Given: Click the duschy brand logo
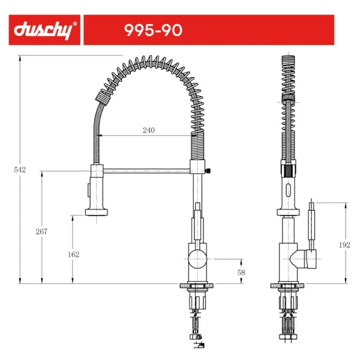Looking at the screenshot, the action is click(x=43, y=30).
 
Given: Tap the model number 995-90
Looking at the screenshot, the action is click(x=153, y=30).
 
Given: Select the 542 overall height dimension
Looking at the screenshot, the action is click(x=20, y=170).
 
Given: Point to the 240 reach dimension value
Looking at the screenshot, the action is click(x=149, y=130).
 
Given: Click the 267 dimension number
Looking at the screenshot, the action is click(x=41, y=232).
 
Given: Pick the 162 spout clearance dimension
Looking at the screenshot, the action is click(x=73, y=254).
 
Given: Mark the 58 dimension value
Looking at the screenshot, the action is click(x=241, y=272).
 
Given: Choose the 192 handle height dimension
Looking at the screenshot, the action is click(x=344, y=245).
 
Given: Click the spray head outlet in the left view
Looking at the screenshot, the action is click(x=97, y=212).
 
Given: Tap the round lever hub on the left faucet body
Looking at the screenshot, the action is click(x=197, y=259).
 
